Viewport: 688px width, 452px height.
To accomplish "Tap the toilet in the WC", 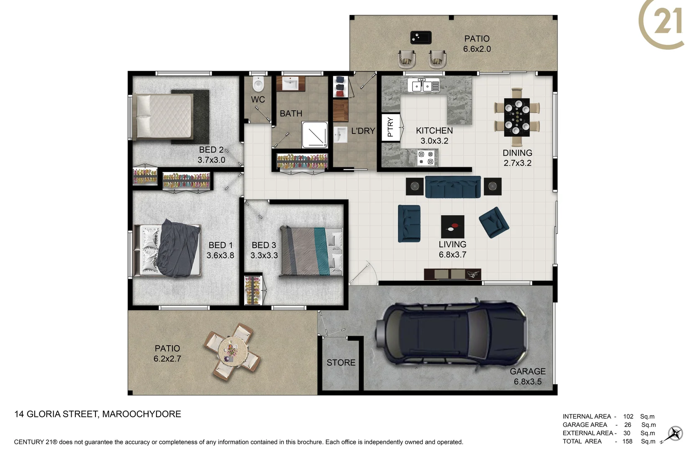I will [x=258, y=85].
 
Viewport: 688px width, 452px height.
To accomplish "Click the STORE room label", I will [x=341, y=363].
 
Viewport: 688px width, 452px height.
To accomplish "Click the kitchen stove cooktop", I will [x=426, y=158].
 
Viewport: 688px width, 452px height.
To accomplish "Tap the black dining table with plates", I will [x=517, y=117].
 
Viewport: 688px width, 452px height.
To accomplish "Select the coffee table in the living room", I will [x=452, y=227].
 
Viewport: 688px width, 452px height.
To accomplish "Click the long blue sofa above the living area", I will [x=453, y=187].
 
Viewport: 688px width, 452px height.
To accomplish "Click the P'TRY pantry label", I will [x=390, y=127].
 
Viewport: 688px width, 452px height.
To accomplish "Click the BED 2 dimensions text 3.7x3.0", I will [x=211, y=160].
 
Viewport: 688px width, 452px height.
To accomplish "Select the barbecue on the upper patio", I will [x=421, y=38].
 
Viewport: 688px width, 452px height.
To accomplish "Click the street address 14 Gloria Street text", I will [x=98, y=414].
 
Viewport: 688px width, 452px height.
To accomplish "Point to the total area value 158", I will [x=627, y=441].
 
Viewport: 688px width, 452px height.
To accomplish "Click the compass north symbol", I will [x=674, y=434].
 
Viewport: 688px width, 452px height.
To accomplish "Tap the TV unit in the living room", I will [x=452, y=274].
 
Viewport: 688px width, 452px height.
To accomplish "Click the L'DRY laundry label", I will [x=363, y=131].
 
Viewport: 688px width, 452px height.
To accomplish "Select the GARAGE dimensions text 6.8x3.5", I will [x=527, y=382].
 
